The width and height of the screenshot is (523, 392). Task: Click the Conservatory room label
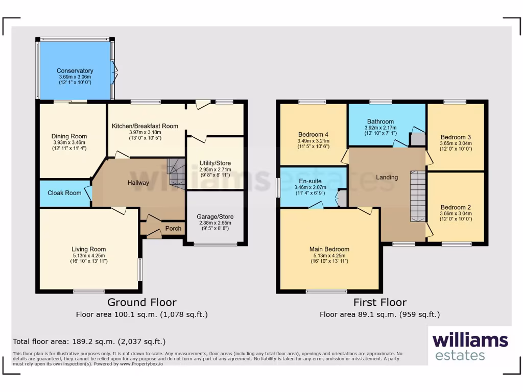(x=75, y=71)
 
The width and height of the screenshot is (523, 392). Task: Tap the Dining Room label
(x=69, y=136)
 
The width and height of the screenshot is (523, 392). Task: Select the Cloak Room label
(x=64, y=193)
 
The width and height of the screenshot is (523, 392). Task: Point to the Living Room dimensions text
(x=89, y=258)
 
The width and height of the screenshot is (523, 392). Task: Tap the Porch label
(x=174, y=228)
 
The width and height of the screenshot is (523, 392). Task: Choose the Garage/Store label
(x=215, y=216)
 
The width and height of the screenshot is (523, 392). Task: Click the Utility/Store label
(x=215, y=163)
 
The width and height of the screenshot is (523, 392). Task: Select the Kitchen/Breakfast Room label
(x=145, y=126)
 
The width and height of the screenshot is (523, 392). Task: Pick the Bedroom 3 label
(x=456, y=137)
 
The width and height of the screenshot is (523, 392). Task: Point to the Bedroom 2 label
(x=456, y=207)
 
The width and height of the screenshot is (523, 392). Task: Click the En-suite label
(x=310, y=181)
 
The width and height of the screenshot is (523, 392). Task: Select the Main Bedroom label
(x=328, y=249)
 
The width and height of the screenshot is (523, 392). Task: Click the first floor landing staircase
(x=417, y=196)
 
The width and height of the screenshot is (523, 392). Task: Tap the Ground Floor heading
(x=141, y=302)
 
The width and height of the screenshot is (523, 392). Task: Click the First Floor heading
(x=379, y=302)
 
